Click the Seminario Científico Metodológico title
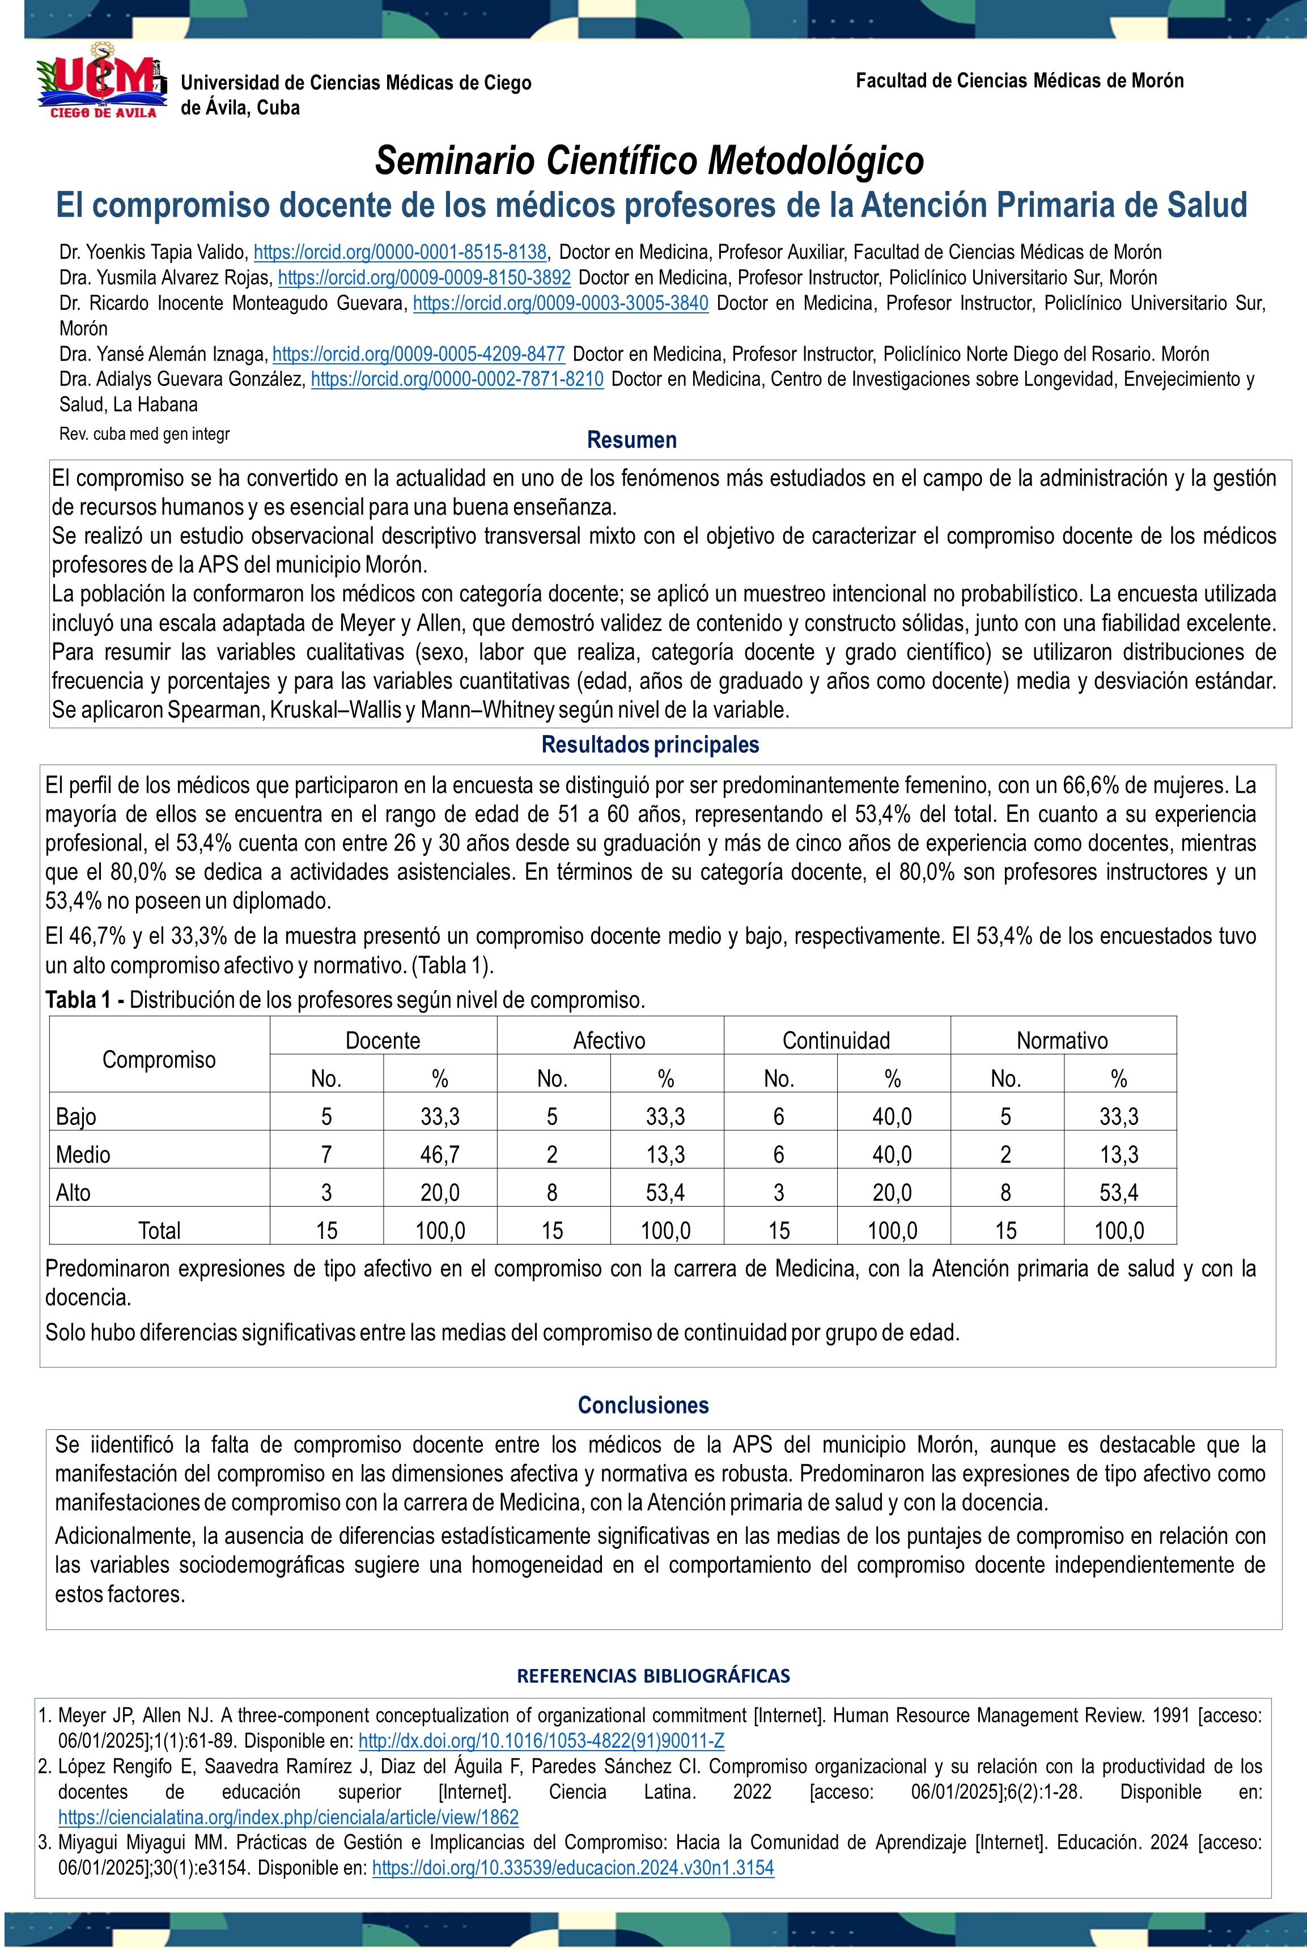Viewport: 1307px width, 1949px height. coord(650,160)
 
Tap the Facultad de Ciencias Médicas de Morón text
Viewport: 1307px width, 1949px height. coord(1020,81)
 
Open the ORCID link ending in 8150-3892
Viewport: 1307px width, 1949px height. coord(425,278)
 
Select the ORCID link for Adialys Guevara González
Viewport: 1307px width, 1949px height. coord(457,379)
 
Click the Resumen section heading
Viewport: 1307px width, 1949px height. coord(632,440)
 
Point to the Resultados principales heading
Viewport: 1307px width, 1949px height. coord(650,744)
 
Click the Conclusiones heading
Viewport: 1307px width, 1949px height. coord(643,1405)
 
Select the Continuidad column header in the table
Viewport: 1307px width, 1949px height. coord(836,1040)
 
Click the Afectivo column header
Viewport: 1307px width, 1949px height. coord(609,1040)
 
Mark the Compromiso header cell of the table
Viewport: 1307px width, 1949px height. coord(159,1059)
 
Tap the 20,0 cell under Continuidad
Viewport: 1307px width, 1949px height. coord(892,1192)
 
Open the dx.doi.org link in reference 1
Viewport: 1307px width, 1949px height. coord(541,1740)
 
